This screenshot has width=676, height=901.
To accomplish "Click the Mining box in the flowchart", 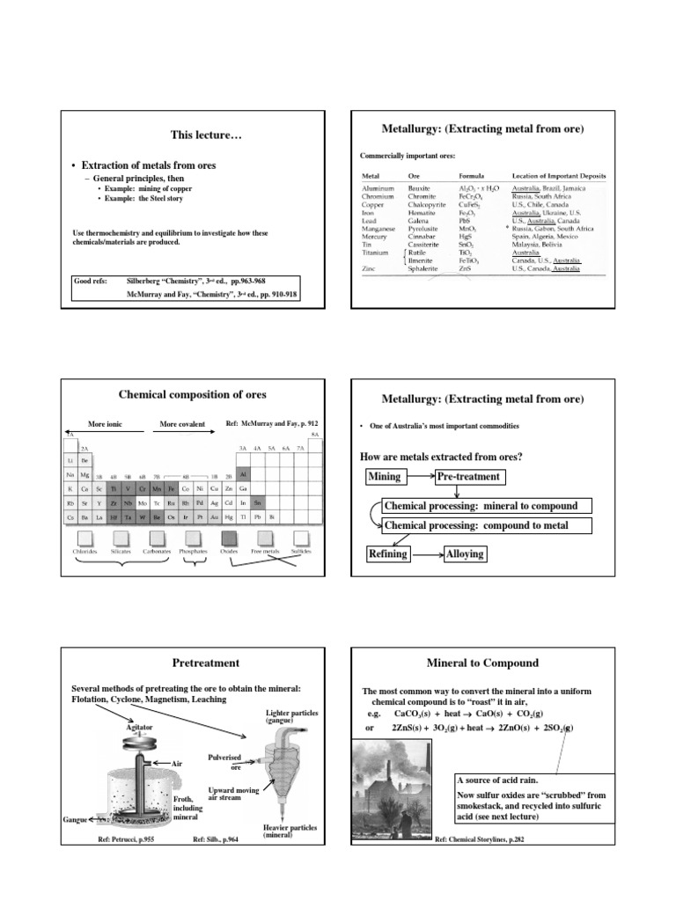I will [x=384, y=477].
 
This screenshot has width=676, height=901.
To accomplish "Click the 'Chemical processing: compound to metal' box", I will [x=486, y=526].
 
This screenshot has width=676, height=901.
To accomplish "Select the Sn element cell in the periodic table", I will [x=256, y=502].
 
